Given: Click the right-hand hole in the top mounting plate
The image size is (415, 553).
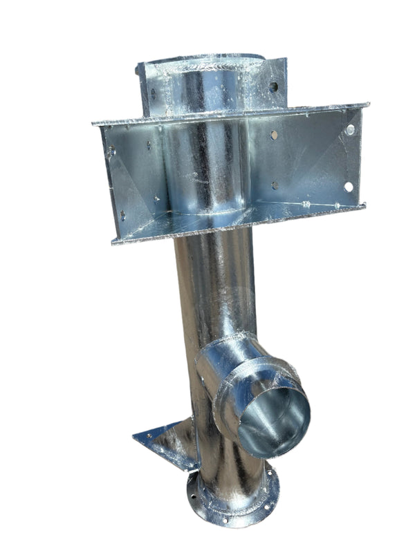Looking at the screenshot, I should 273,86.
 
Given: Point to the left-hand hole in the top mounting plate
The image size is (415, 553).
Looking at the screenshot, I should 149,90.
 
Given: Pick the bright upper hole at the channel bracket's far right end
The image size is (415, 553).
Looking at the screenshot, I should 350,130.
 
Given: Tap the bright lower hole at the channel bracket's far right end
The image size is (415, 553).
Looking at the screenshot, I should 348,187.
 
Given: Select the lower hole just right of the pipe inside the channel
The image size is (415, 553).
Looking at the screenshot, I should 275,185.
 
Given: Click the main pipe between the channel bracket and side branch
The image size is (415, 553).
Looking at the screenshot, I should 211,290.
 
